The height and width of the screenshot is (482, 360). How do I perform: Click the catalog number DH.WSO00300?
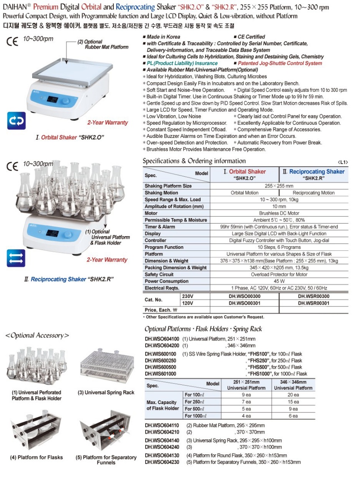244,296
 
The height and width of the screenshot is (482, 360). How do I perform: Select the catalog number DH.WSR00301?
314,302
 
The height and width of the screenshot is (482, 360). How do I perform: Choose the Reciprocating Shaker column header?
314,174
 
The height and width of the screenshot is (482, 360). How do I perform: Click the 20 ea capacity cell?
293,395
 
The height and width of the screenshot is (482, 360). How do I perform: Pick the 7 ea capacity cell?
246,402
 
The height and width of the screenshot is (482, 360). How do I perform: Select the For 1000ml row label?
196,416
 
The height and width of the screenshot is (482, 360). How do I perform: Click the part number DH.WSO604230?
162,462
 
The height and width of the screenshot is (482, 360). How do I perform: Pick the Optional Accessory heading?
37,335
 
